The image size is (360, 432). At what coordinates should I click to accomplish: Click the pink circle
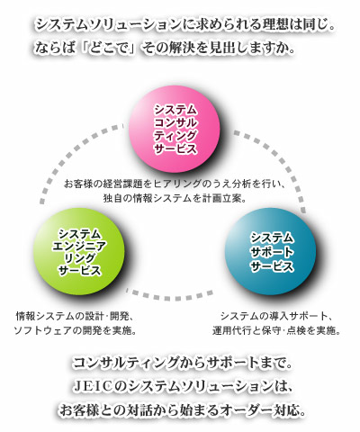click(x=175, y=130)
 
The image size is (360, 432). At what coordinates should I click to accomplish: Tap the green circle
click(x=79, y=251)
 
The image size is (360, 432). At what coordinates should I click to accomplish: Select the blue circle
click(x=270, y=251)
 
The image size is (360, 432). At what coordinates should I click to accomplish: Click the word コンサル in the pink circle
click(x=175, y=123)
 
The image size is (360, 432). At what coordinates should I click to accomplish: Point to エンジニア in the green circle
click(x=79, y=247)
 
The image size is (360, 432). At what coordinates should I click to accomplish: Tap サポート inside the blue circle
click(x=272, y=253)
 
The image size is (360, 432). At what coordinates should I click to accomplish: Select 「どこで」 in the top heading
click(x=109, y=49)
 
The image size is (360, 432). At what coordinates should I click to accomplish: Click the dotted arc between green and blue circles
click(x=169, y=296)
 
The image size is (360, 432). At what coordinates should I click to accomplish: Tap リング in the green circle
click(x=79, y=259)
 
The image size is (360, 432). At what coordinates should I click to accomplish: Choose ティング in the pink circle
click(x=175, y=136)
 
